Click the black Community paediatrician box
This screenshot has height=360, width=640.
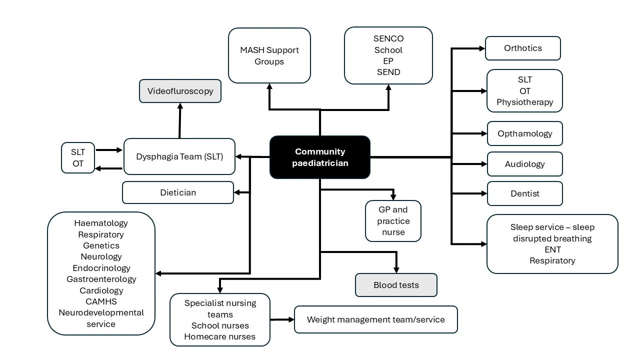click(x=320, y=157)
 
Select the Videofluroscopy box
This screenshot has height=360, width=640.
click(x=180, y=91)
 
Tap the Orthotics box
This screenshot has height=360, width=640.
click(x=523, y=48)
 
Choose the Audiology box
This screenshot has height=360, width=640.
click(x=524, y=164)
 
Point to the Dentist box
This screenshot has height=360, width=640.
click(x=524, y=193)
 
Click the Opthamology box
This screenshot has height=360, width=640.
click(x=524, y=133)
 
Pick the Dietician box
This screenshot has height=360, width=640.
click(x=178, y=192)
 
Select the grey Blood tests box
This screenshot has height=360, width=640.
click(x=396, y=285)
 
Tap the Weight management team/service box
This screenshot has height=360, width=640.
click(x=375, y=319)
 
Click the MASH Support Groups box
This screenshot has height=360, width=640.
click(x=269, y=55)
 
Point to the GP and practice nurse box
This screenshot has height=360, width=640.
click(x=393, y=221)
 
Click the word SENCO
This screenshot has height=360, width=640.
click(x=388, y=38)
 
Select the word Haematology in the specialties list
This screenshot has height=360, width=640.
click(x=101, y=223)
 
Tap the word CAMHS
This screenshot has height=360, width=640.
click(x=101, y=301)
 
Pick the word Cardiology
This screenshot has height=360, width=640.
click(x=101, y=290)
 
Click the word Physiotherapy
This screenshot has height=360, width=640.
click(x=524, y=102)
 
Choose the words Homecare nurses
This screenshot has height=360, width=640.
click(x=220, y=336)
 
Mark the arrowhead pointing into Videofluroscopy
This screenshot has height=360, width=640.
click(x=180, y=106)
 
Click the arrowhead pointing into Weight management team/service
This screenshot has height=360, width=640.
click(x=291, y=319)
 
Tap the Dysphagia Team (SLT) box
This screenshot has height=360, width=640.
click(x=179, y=156)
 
